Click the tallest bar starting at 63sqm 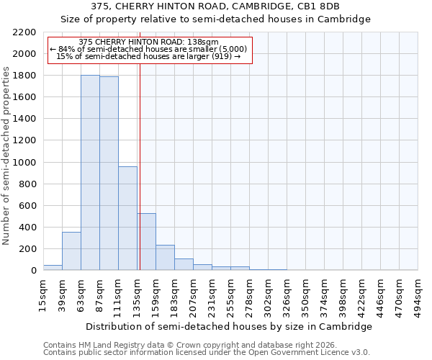coord(90,173)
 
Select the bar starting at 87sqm coord(109,174)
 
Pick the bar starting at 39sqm coord(71,251)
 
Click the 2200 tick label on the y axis coord(24,32)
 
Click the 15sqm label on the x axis coord(43,292)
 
